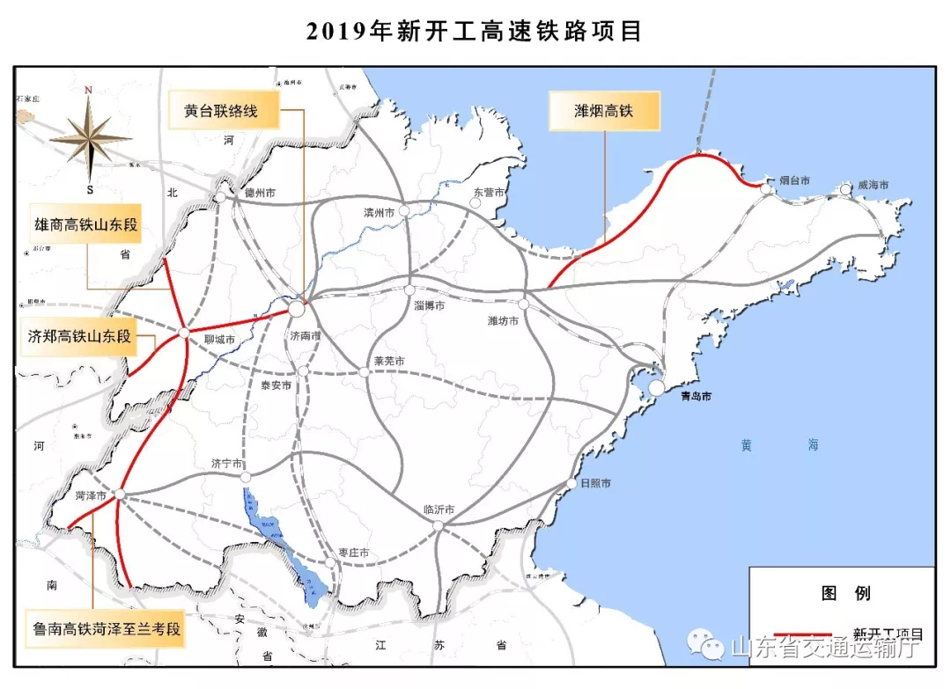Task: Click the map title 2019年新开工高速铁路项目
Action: [475, 32]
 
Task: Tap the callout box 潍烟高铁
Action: [604, 112]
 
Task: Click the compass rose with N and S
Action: [89, 136]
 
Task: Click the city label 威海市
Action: [872, 186]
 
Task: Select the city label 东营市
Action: [490, 192]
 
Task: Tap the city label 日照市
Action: [594, 484]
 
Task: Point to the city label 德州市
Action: [260, 193]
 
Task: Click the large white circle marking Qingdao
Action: [657, 388]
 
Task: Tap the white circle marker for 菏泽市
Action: [120, 495]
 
